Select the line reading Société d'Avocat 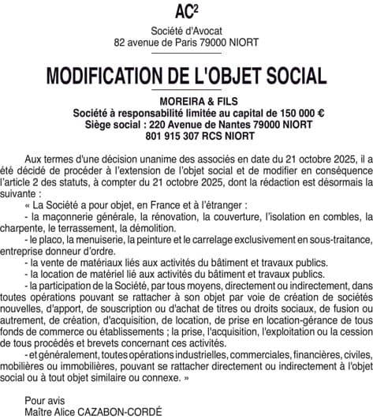pos(186,30)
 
